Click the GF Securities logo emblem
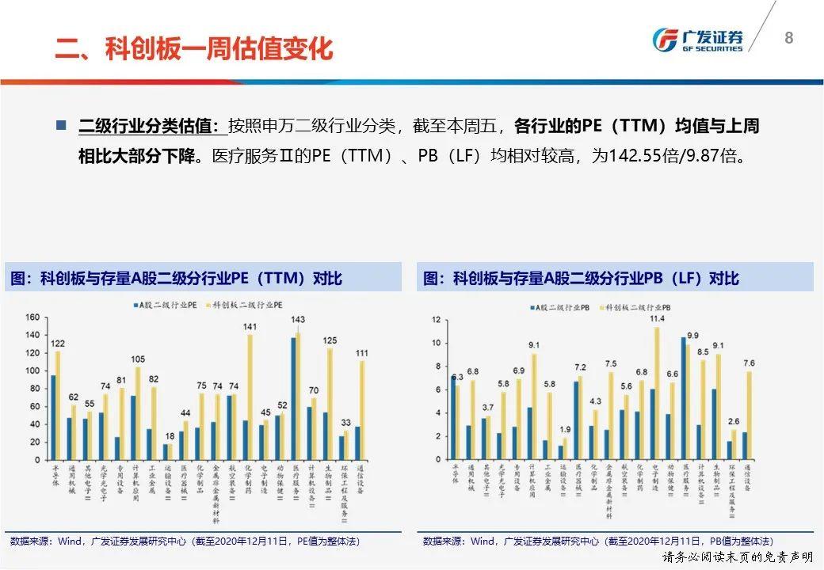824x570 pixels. (x=665, y=40)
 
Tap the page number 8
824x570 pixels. (x=788, y=38)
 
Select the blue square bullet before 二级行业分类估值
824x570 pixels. (x=61, y=125)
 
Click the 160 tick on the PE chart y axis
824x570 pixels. (x=32, y=317)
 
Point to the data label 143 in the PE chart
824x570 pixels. (x=298, y=320)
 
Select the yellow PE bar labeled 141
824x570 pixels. (x=250, y=396)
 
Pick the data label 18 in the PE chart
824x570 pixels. (x=169, y=436)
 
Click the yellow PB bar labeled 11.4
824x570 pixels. (x=657, y=393)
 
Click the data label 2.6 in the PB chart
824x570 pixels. (x=734, y=421)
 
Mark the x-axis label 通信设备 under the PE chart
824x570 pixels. (x=360, y=480)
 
